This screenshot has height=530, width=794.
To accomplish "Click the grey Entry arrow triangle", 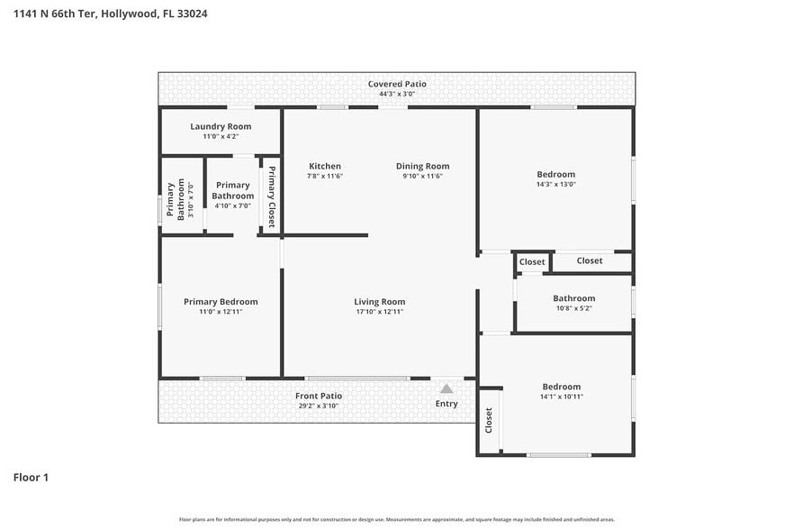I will (447, 388).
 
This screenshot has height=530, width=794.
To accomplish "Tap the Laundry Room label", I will (221, 126).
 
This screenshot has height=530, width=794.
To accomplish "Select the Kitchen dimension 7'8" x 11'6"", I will (325, 176).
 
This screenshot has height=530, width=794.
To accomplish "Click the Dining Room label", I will (422, 166).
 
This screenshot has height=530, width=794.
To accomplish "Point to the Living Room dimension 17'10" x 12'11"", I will (379, 312).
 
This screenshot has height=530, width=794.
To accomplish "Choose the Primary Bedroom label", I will (221, 302).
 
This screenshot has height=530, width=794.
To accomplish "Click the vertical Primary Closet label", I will (271, 196).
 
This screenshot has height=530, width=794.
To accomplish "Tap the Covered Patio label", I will (397, 84).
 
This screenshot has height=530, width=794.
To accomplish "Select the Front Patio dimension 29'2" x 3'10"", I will (319, 406).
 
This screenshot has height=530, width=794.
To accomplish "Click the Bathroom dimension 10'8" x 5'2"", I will (573, 308).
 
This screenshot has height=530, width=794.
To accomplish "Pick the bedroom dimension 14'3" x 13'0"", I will (555, 184).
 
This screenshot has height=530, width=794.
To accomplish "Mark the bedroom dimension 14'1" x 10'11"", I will (561, 397).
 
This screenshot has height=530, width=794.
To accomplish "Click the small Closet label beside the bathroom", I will (532, 262).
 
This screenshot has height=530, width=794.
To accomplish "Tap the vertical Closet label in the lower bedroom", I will (489, 421).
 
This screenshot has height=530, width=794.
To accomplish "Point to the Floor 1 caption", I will (31, 477).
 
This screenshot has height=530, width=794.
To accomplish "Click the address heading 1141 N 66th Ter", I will (111, 14).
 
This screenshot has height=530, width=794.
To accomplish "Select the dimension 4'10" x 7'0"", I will (232, 206).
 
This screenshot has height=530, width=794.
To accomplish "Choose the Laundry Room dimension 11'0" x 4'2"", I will (221, 136).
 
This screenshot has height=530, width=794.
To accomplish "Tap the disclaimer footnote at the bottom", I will (397, 519).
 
